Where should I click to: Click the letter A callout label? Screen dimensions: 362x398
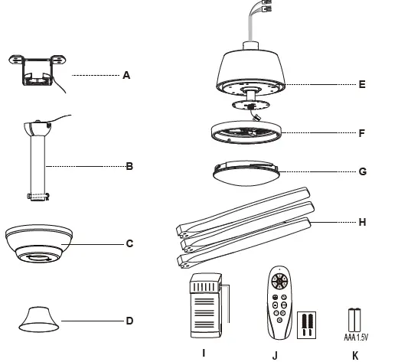(127, 75)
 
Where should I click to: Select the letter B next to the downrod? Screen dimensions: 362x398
(129, 165)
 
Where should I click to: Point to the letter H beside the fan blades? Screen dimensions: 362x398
(362, 223)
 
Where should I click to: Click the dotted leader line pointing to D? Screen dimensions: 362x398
(92, 321)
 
